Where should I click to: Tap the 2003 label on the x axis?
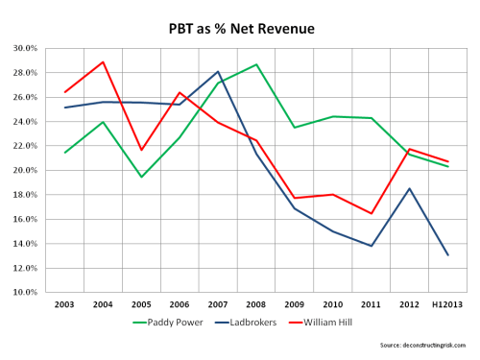click(64, 303)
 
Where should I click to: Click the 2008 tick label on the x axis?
click(256, 303)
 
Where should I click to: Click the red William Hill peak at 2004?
click(103, 61)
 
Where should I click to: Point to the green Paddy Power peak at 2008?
click(256, 64)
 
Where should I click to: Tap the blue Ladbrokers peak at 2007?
click(218, 71)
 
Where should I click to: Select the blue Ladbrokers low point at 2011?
click(371, 246)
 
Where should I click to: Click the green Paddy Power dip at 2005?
click(141, 177)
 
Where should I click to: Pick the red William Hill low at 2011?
click(371, 213)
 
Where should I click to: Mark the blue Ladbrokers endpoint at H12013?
click(447, 254)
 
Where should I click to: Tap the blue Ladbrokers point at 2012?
click(409, 188)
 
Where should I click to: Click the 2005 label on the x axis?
click(141, 303)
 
